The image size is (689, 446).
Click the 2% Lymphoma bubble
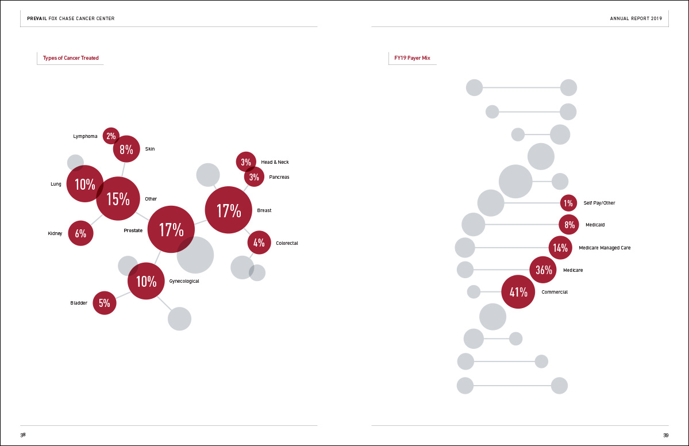coord(111,136)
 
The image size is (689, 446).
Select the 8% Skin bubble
coord(126,149)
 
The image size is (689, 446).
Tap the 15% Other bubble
coord(118,199)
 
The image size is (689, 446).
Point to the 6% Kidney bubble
coord(80,233)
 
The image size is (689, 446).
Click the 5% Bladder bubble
coord(105,303)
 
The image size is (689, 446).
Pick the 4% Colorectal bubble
coord(259,243)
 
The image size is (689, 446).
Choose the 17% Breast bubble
coord(229,210)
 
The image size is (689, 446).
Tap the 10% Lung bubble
coord(84,184)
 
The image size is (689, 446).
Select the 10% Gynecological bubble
coord(146,281)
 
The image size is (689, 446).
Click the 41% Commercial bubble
coord(518,292)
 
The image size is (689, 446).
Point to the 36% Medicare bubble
coord(543,270)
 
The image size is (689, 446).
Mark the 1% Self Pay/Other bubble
coord(568,203)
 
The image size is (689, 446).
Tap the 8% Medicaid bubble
coord(569,225)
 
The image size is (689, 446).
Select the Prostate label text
coord(133,230)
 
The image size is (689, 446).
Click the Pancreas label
coord(279,177)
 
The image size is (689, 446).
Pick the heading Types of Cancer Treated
coord(71,58)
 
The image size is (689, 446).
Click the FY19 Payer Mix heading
coord(412,58)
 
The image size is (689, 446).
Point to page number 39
coord(665,435)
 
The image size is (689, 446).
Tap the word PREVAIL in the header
coord(37,19)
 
